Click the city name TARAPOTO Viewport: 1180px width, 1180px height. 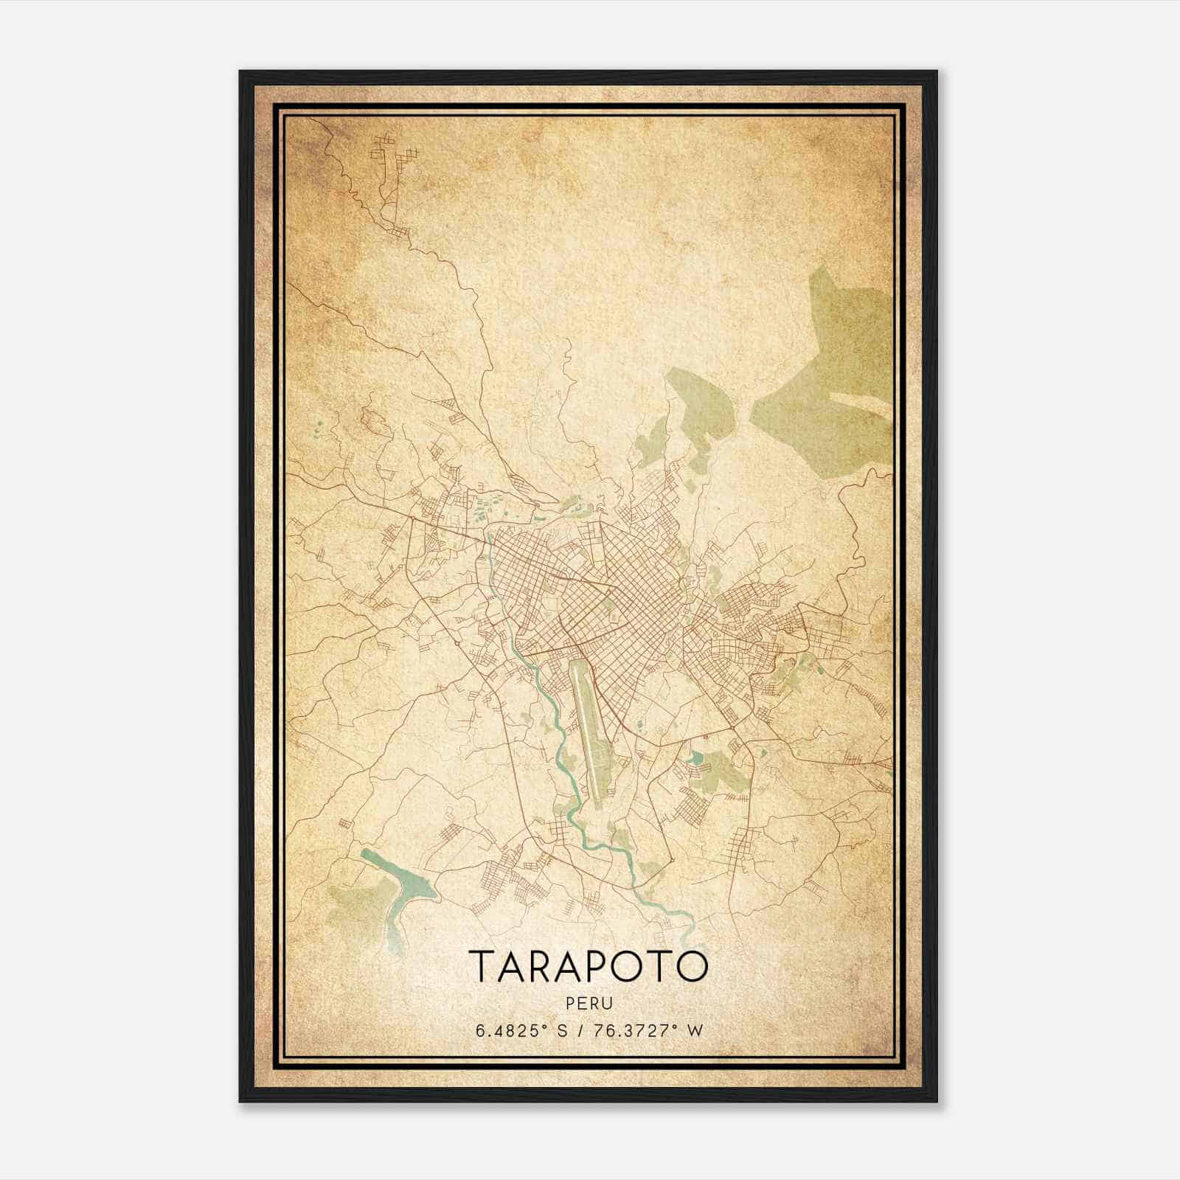(588, 965)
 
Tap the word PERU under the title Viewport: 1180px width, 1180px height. (588, 1003)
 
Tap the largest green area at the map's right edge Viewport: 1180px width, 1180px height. (833, 369)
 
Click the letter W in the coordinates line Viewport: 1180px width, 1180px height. (693, 1030)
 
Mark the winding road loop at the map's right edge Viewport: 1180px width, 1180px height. (859, 531)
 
